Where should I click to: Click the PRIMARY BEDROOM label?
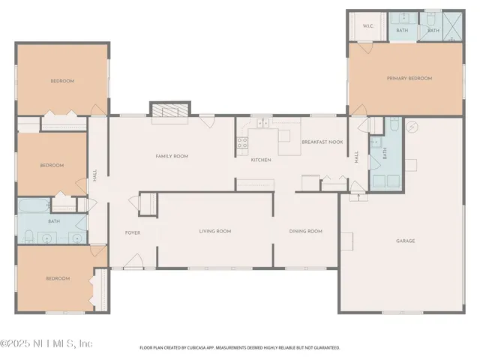point(409,78)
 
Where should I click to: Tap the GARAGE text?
point(406,241)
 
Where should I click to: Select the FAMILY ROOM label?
point(171,156)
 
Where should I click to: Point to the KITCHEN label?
point(260,160)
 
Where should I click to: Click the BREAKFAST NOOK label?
point(322,142)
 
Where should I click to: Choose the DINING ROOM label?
point(305,231)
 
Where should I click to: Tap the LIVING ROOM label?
point(214,231)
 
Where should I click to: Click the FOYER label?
point(133,232)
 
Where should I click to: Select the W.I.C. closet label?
point(368,26)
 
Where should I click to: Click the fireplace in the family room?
point(168,110)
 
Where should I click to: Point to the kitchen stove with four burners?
point(243,141)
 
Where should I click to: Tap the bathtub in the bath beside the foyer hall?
point(35,205)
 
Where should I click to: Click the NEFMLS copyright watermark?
point(46,343)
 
